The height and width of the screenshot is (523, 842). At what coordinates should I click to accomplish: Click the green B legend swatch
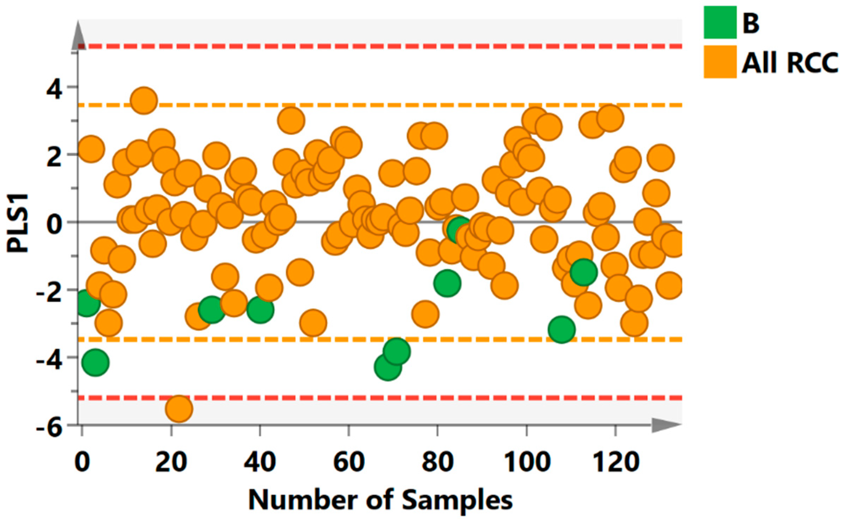coord(720,22)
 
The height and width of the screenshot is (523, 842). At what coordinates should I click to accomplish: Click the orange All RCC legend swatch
coord(720,62)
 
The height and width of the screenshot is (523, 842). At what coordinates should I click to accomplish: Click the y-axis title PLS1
coord(17,222)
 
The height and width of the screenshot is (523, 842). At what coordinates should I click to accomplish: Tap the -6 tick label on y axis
coord(49,429)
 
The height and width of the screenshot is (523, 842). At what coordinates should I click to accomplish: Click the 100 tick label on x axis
coord(526,462)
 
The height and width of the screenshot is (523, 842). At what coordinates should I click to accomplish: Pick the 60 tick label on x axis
coord(349,462)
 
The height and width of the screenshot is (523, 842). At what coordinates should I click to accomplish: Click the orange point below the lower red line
coord(179,409)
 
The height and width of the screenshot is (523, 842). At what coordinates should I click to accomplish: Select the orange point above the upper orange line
coord(144,100)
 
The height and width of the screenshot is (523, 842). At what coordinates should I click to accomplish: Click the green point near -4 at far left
coord(95,362)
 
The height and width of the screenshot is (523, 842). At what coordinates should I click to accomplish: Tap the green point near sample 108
coord(561,329)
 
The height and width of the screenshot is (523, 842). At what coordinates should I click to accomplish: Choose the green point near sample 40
coord(260,309)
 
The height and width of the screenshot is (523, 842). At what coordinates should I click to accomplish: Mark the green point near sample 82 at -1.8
coord(447,283)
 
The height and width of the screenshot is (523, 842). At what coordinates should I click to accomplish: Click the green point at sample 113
coord(583,272)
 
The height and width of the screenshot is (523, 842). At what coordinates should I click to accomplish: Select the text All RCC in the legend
coord(790,63)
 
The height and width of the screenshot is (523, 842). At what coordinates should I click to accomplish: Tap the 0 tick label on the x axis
coord(82,462)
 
